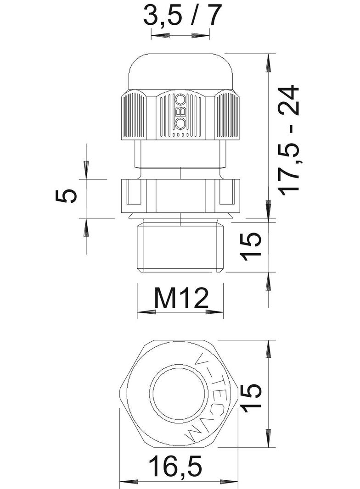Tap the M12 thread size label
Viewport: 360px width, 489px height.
tap(181, 298)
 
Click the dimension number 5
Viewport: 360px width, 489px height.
tap(66, 196)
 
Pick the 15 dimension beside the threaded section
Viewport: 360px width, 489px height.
tap(252, 246)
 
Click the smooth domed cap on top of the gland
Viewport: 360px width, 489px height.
tap(180, 71)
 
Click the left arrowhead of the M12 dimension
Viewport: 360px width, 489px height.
tap(146, 312)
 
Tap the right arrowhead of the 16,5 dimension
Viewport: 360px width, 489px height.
tap(229, 482)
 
